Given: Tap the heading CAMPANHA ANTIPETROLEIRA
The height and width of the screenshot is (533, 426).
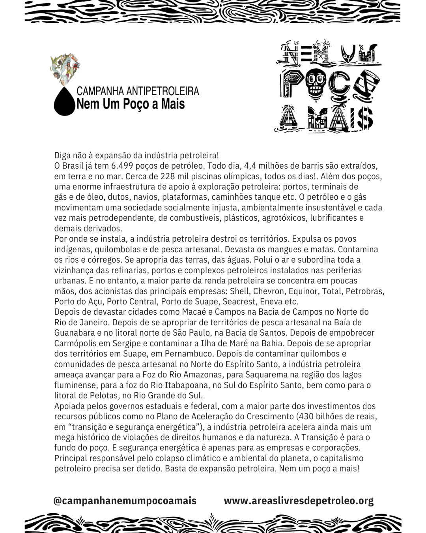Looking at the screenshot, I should pyautogui.click(x=138, y=91).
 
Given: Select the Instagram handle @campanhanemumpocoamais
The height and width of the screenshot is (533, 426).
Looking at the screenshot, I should pyautogui.click(x=125, y=501).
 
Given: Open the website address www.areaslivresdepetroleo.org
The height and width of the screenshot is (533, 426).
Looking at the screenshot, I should pyautogui.click(x=299, y=501).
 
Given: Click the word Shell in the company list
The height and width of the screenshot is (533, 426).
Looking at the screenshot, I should pyautogui.click(x=239, y=291).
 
